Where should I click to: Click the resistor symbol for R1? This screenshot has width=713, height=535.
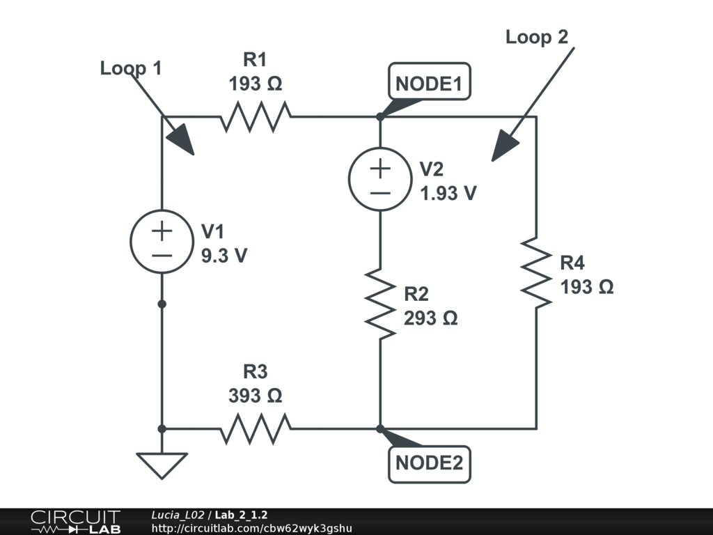point(256,116)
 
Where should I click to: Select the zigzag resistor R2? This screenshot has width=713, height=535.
point(380,302)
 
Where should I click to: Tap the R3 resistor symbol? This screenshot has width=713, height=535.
point(256,428)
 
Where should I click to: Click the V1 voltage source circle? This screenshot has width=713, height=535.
point(161,241)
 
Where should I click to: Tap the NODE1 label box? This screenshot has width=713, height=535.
point(429,84)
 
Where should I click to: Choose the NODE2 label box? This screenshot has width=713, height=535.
point(429,463)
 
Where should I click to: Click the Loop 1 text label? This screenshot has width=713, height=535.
point(131,68)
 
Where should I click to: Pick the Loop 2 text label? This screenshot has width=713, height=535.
point(537,37)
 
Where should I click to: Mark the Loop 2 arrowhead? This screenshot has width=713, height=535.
point(506,147)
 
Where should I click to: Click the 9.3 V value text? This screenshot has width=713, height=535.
point(224,256)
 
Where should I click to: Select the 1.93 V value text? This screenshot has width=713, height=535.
point(448,193)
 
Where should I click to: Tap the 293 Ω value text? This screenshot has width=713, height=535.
point(430,318)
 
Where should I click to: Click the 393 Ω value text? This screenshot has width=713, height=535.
point(256,396)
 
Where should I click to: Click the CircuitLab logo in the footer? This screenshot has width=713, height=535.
point(75,522)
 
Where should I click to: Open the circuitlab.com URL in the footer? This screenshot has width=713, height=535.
point(251,528)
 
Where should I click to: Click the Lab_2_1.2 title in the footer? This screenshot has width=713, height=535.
point(242,515)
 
